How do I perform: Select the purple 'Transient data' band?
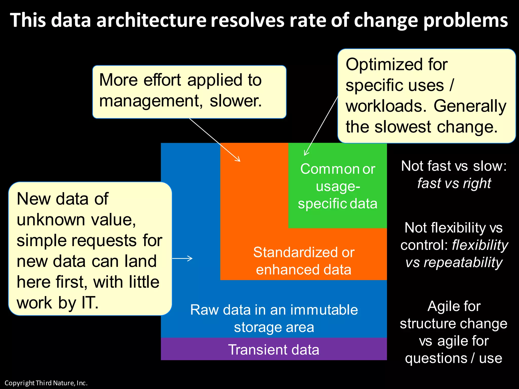[x=274, y=349]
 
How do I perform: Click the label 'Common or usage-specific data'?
[x=338, y=186]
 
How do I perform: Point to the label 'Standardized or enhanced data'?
[x=304, y=261]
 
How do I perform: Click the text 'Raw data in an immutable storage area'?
[x=274, y=318]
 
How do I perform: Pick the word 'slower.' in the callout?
[x=236, y=101]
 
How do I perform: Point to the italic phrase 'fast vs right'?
[x=454, y=183]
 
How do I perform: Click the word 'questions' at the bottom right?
[x=436, y=358]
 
